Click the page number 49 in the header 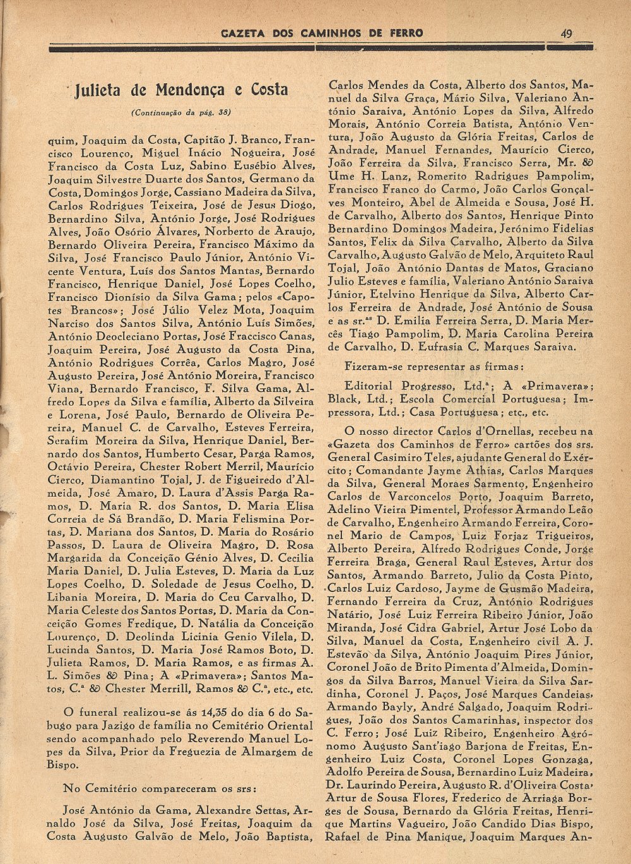pyautogui.click(x=566, y=33)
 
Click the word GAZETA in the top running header pyautogui.click(x=242, y=33)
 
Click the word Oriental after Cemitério pyautogui.click(x=283, y=726)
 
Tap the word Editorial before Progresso pyautogui.click(x=369, y=386)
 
